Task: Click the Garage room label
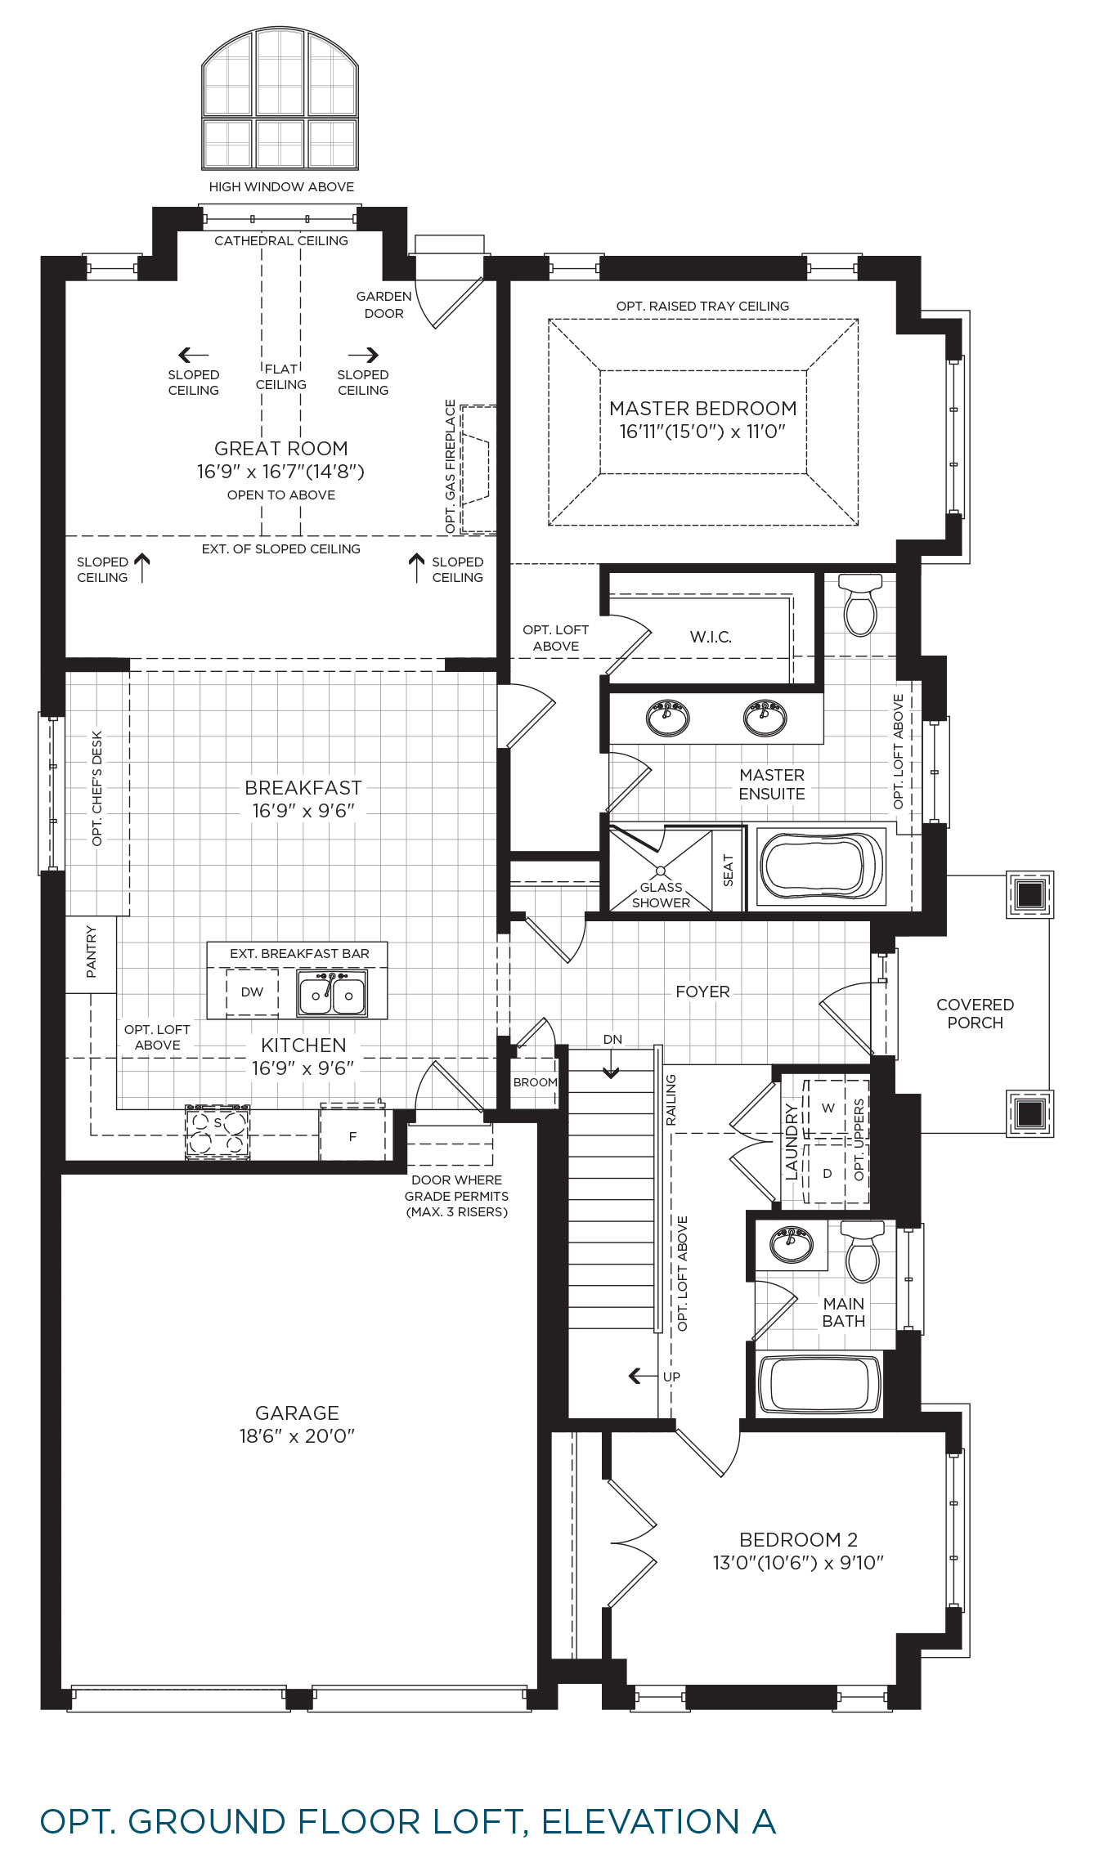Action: click(x=297, y=1413)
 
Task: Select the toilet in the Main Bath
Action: click(x=862, y=1251)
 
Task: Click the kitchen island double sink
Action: click(x=332, y=992)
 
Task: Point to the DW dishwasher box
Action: click(x=252, y=992)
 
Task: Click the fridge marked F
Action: click(x=352, y=1135)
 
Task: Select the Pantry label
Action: click(x=92, y=952)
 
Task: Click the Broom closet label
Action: click(x=536, y=1082)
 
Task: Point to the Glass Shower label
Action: click(x=661, y=895)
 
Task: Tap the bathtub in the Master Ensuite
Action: click(x=821, y=866)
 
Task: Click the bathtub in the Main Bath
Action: click(x=820, y=1384)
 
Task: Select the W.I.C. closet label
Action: click(x=711, y=637)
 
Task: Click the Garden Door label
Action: click(x=384, y=305)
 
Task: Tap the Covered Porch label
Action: click(x=975, y=1014)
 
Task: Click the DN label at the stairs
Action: click(x=612, y=1040)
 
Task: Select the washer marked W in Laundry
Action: click(x=828, y=1108)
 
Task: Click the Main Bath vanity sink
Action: click(x=791, y=1243)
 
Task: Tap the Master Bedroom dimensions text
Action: click(x=702, y=432)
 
